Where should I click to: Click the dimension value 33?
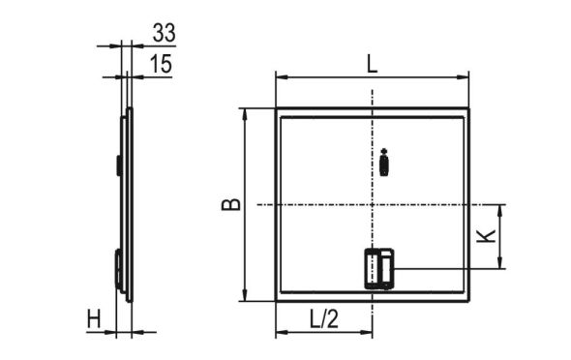pyautogui.click(x=163, y=34)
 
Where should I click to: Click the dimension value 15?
pyautogui.click(x=163, y=64)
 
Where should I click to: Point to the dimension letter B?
pyautogui.click(x=229, y=205)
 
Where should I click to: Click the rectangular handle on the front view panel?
pyautogui.click(x=378, y=268)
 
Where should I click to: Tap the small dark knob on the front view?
pyautogui.click(x=384, y=164)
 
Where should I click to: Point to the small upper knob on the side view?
pyautogui.click(x=119, y=165)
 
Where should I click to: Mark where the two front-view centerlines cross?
pyautogui.click(x=373, y=204)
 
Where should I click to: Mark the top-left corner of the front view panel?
pyautogui.click(x=277, y=109)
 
